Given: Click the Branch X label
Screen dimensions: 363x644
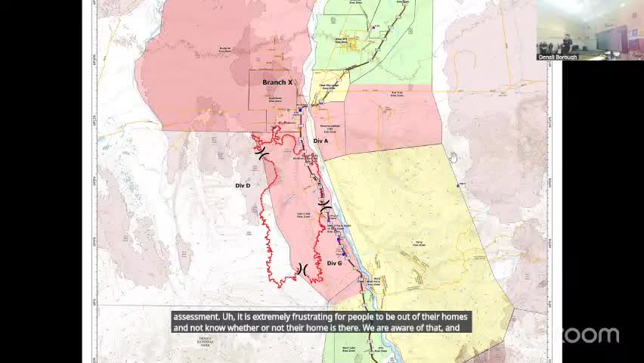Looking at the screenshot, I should [x=277, y=82].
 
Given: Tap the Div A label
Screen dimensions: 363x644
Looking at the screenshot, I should [x=320, y=141].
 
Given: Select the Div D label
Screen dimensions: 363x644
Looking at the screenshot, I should [x=243, y=185].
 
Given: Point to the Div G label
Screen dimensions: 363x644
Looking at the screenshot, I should [x=334, y=263].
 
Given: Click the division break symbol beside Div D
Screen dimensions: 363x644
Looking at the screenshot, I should [x=262, y=154].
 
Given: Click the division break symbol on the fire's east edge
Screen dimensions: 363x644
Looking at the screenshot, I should [x=324, y=204].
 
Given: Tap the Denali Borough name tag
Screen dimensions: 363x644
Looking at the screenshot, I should [x=557, y=57].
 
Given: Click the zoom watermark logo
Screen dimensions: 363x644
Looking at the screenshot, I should [x=588, y=335].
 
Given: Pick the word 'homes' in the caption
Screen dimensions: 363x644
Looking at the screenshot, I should [x=454, y=316].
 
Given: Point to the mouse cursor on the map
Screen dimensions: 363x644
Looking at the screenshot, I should [x=454, y=157].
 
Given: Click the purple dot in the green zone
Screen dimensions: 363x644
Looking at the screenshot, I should [x=374, y=27].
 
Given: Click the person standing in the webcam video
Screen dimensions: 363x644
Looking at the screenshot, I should [x=566, y=42].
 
